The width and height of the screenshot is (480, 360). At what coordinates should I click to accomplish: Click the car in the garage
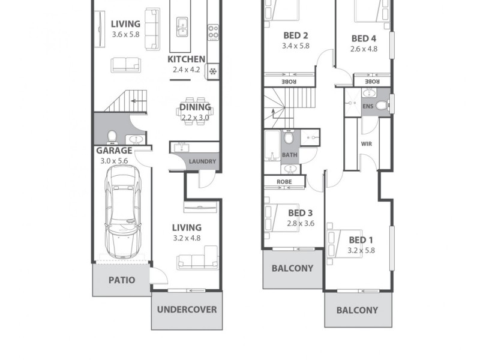click(123, 210)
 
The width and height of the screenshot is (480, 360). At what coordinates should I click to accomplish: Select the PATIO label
click(121, 280)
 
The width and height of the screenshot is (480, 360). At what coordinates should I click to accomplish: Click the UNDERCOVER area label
click(187, 310)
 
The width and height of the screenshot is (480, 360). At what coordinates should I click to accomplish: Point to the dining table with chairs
click(194, 109)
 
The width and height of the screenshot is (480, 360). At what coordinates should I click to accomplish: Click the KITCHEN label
click(186, 59)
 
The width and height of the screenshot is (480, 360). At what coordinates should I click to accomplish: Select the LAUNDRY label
click(202, 161)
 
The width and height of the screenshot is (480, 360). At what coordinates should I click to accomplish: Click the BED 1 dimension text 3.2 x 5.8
click(361, 250)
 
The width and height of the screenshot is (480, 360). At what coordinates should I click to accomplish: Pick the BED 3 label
click(300, 212)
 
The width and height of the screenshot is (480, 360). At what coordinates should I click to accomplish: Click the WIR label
click(366, 144)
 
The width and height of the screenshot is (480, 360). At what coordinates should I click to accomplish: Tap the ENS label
click(368, 106)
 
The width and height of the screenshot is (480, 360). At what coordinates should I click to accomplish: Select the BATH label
click(289, 155)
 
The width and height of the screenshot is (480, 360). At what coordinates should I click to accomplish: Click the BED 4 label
click(364, 38)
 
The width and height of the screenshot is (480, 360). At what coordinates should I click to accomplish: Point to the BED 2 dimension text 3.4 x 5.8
click(295, 46)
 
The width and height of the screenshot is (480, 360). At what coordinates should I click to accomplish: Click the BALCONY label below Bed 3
click(292, 268)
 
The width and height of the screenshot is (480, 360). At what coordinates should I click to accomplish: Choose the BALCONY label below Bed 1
click(357, 310)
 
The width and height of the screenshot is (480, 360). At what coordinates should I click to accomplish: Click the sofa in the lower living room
click(197, 260)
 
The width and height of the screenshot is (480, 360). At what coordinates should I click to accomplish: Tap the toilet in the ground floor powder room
click(112, 137)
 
